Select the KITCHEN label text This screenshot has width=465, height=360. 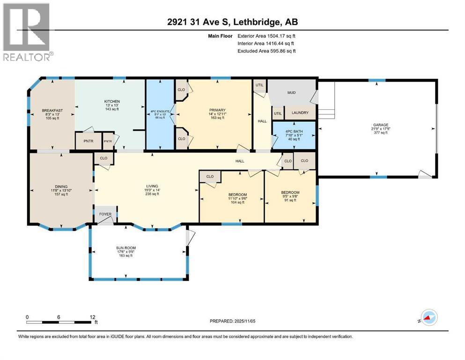[112, 101]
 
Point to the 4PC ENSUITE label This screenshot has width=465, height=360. [160, 111]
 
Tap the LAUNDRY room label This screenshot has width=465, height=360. [300, 113]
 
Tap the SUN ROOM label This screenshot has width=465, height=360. [125, 247]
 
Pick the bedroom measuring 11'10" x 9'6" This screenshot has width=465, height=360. [237, 194]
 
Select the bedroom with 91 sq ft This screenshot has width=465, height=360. [290, 192]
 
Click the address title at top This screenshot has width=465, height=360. [232, 22]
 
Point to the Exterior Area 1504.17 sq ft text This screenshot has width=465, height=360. [266, 35]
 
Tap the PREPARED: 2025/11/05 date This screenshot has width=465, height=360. [232, 321]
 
